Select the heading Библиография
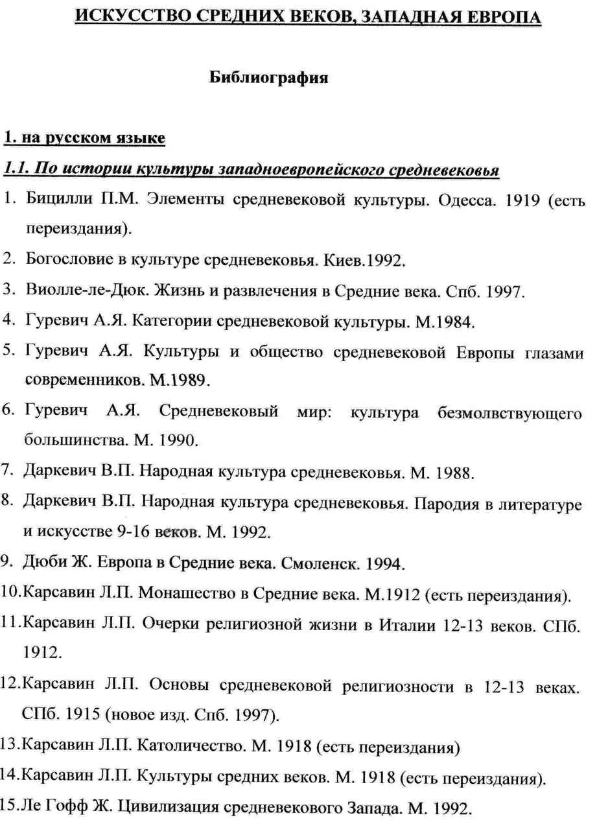pyautogui.click(x=269, y=78)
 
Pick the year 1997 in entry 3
pyautogui.click(x=502, y=292)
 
